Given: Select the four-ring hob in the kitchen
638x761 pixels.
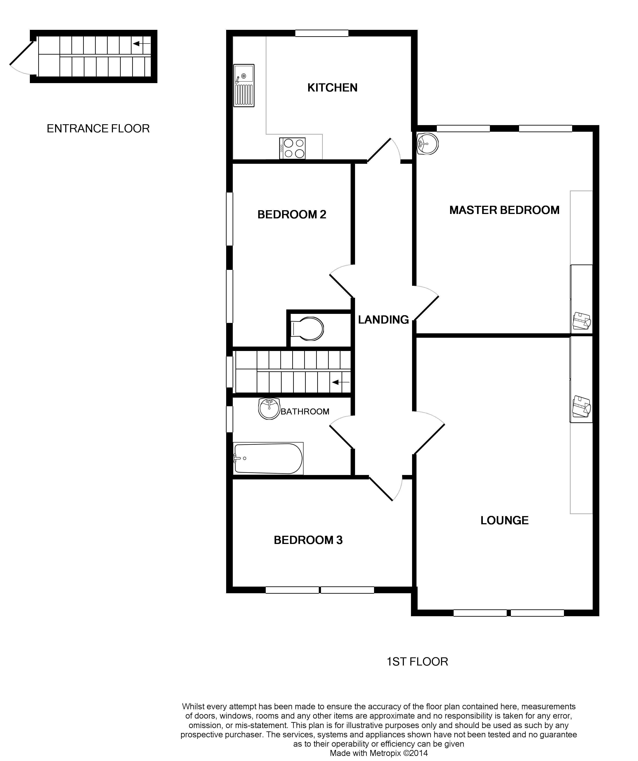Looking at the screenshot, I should tap(292, 148).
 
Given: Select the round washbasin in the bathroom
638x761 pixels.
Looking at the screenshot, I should tap(269, 408).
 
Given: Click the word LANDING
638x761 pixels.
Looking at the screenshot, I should tap(383, 320).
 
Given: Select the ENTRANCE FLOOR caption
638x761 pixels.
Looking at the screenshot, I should tap(98, 129).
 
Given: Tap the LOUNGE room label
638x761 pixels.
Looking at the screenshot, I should tap(504, 520).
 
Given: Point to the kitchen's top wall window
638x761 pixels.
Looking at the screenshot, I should tap(321, 33).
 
